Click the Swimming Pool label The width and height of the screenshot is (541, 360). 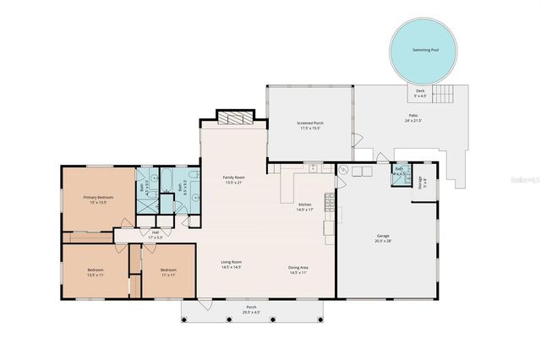[424, 51]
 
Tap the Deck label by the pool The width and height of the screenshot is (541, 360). [420, 90]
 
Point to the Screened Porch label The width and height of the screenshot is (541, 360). [309, 123]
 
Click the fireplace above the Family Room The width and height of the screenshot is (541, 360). [234, 118]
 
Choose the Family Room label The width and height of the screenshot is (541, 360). [234, 177]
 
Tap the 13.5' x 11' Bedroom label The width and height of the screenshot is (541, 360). [96, 270]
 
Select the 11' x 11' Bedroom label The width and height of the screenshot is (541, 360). [168, 270]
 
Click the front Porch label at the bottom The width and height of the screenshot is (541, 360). [251, 307]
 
